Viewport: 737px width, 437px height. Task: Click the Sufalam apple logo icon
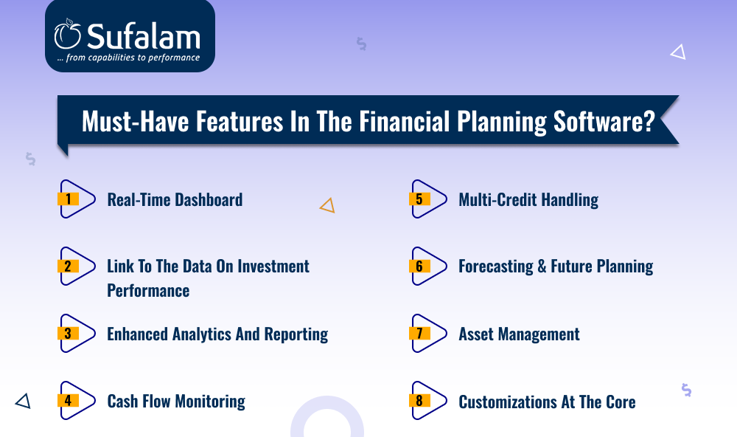[x=68, y=34]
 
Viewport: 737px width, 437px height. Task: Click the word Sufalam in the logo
[x=144, y=37]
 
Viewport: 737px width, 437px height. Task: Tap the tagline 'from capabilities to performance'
[x=133, y=58]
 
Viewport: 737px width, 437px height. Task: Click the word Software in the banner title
[x=604, y=122]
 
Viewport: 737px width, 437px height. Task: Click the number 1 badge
[x=68, y=199]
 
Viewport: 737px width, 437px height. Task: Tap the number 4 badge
[x=68, y=400]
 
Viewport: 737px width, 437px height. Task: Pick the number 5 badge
[x=419, y=199]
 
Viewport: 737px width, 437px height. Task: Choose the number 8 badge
[x=419, y=400]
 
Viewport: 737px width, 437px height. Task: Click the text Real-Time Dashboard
[x=175, y=199]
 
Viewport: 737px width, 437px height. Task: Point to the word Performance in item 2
[x=148, y=291]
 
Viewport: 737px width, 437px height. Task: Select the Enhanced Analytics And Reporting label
[x=217, y=334]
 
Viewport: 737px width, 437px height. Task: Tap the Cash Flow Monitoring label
[x=176, y=402]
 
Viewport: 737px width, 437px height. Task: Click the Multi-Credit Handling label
[x=528, y=199]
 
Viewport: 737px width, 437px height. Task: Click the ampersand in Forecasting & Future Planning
[x=542, y=266]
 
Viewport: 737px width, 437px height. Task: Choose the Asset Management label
[x=519, y=334]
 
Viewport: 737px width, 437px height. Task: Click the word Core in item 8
[x=621, y=402]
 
